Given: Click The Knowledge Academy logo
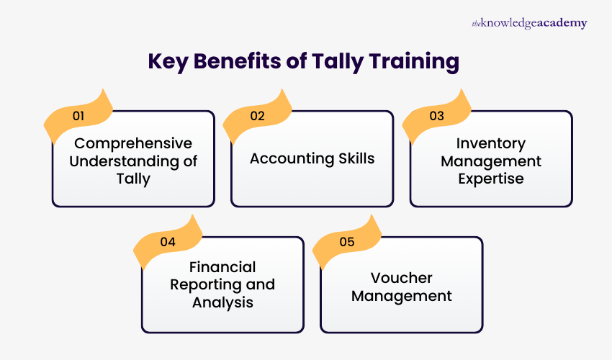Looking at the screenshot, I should [x=529, y=23].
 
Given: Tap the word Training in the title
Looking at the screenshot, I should [x=414, y=62].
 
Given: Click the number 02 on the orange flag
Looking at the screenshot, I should [x=257, y=115].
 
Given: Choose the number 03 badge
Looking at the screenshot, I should [x=436, y=115].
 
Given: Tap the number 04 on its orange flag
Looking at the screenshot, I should [x=168, y=242].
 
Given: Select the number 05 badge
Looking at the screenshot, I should [x=347, y=242].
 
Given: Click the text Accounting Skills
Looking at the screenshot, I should [x=312, y=159].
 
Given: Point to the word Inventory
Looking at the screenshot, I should [x=492, y=143].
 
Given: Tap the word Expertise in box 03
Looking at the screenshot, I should [x=492, y=178].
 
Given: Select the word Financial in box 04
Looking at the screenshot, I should [x=222, y=268].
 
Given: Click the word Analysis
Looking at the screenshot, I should [x=222, y=302].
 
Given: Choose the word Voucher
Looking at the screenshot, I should [x=401, y=277].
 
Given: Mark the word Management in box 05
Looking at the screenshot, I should [x=401, y=295].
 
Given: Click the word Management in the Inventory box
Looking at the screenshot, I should [x=491, y=160].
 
